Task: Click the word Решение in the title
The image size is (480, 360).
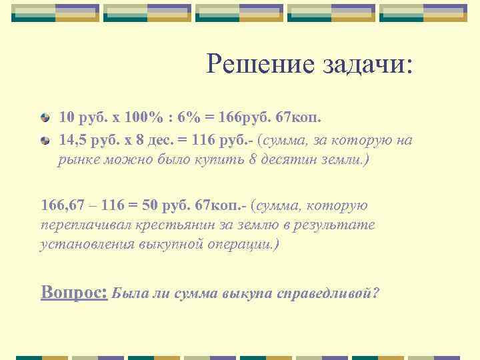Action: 251,64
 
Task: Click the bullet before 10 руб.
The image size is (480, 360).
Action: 45,118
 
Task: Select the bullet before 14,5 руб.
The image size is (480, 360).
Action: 45,141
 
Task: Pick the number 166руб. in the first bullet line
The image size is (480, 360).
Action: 242,118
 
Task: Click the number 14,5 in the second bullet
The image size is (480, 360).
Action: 73,141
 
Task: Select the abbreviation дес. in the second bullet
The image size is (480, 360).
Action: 154,141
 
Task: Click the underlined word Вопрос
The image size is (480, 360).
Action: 74,292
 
